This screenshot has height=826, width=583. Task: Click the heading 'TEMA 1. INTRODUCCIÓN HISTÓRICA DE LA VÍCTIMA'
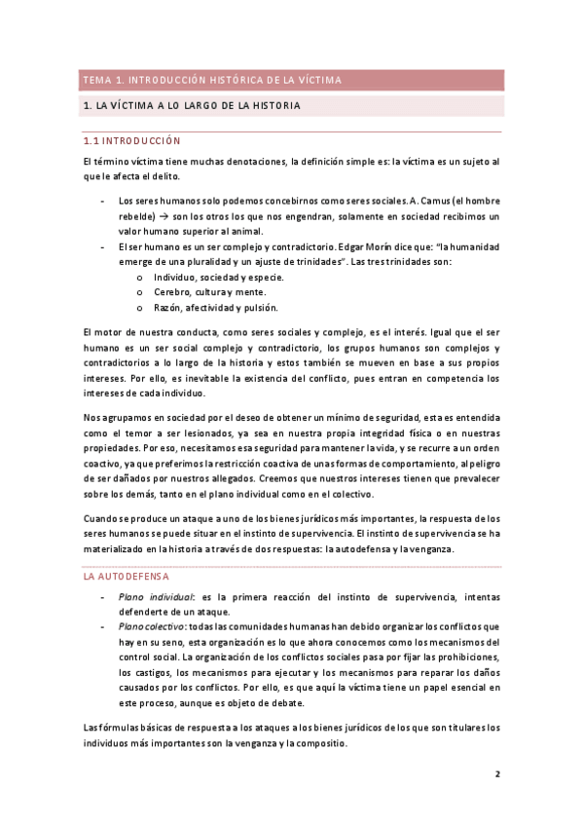click(212, 80)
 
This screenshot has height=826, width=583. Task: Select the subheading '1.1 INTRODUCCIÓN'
click(131, 140)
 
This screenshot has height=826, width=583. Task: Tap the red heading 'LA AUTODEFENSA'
click(127, 577)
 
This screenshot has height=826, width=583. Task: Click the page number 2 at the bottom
click(497, 774)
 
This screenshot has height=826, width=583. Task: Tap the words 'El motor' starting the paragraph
click(100, 333)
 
